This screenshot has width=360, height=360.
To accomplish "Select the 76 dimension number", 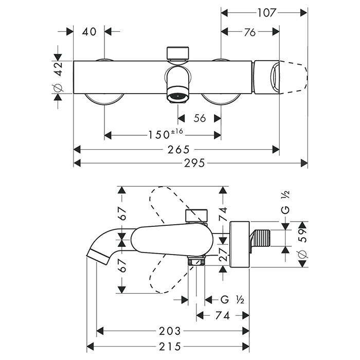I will (250, 32).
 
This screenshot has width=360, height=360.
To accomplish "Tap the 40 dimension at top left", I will (89, 32).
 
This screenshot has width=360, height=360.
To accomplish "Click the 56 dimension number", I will (200, 119).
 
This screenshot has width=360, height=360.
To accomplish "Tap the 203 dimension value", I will (169, 331).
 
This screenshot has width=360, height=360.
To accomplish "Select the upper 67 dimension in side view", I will (122, 213).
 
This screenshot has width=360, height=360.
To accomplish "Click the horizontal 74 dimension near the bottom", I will (222, 315).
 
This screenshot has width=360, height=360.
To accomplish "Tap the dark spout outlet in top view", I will (178, 96).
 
